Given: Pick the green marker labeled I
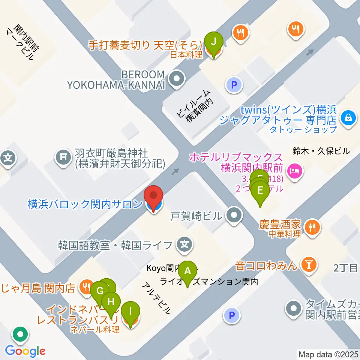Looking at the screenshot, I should tap(130, 311).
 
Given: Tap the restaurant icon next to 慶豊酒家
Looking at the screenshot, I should tap(312, 226).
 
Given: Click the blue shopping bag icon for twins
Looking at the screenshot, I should tap(347, 117).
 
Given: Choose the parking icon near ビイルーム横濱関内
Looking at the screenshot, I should tap(234, 85).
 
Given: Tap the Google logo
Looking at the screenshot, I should tap(25, 351).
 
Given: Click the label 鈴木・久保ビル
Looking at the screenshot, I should tap(321, 151).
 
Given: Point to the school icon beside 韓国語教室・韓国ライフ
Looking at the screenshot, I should tap(184, 245).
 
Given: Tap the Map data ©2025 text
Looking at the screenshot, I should tap(328, 354).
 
